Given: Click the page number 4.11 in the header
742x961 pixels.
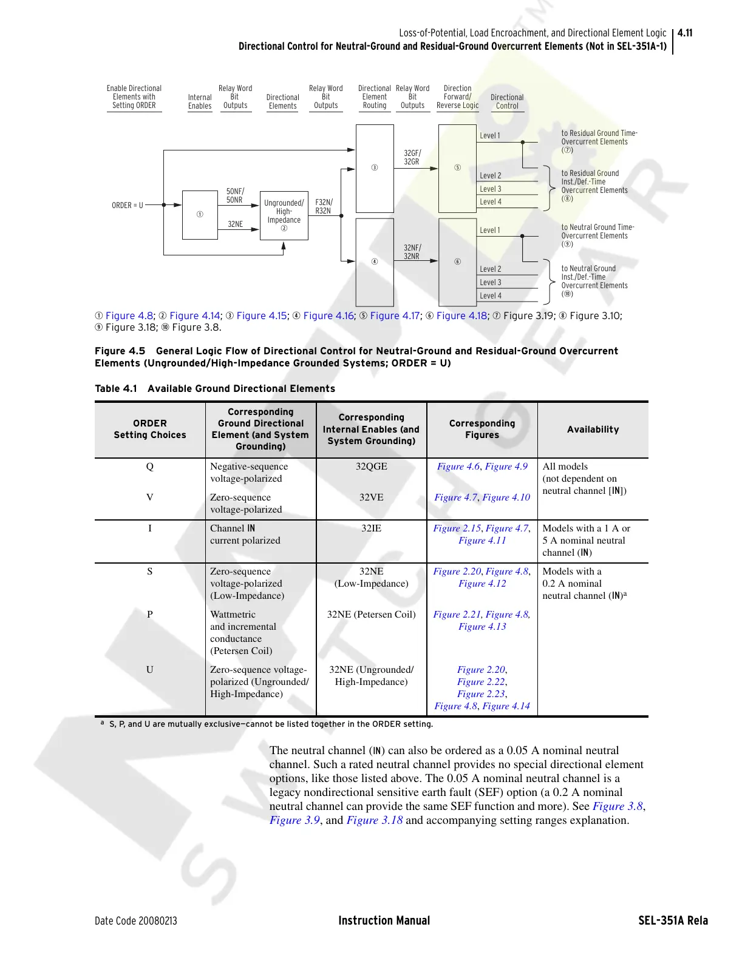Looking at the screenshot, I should point(685,33).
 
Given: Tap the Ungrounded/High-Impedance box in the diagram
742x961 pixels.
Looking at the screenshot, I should point(284,215).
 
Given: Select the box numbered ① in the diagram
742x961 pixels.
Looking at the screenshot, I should point(200,215).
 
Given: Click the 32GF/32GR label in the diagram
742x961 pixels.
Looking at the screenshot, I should point(412,158).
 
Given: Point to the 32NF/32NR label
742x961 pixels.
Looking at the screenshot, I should point(412,252).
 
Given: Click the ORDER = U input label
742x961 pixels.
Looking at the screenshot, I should point(128,206).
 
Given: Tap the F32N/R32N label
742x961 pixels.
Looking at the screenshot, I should point(324,207).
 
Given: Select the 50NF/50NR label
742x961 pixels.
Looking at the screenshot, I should point(234,195).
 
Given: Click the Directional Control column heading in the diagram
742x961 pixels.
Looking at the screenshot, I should point(507,101).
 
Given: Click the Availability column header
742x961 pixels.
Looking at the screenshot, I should point(593,430).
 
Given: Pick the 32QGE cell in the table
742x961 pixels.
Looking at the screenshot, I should point(371,467).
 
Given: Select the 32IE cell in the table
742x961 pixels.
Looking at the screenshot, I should point(371,528).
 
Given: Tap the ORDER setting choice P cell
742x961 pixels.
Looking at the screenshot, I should point(149,614).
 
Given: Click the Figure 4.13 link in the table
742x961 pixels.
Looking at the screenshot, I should point(482,627).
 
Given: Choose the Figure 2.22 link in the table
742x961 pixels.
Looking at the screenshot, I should point(481,682).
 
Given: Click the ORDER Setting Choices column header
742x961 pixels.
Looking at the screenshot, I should point(149,429).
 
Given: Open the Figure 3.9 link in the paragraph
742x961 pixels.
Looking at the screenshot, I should point(294,820).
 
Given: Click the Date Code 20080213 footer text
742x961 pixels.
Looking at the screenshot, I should point(136,921).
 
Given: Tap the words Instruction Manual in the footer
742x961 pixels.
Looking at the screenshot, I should point(384,921).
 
